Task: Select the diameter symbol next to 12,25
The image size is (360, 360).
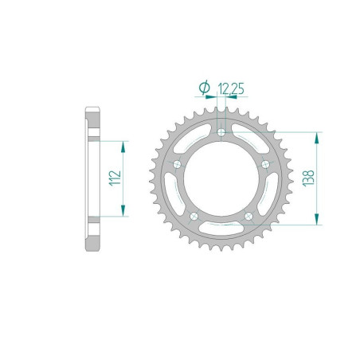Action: point(204,87)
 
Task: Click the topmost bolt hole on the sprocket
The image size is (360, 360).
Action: point(221,132)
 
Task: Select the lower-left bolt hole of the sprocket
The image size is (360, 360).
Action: point(194,215)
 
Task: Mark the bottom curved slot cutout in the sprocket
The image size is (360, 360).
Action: point(221,229)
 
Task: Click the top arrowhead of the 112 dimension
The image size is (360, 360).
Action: point(123,146)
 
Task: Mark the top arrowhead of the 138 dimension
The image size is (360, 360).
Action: point(319,136)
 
